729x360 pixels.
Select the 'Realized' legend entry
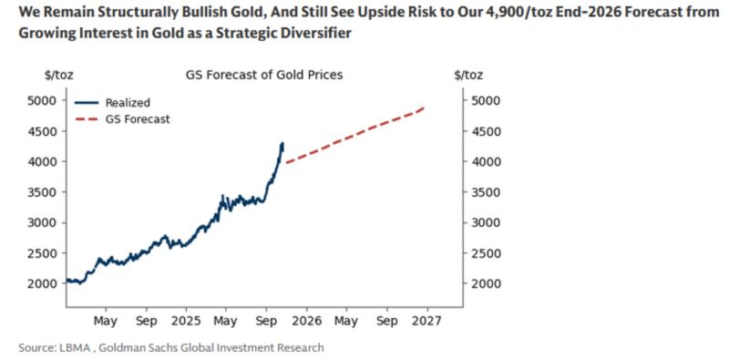coord(128,103)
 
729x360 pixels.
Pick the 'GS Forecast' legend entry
coord(137,118)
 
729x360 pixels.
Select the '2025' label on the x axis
coord(186,322)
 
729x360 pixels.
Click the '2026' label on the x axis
coord(306,322)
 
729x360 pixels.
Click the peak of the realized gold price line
coord(282,143)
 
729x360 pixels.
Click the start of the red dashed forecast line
coord(285,163)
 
